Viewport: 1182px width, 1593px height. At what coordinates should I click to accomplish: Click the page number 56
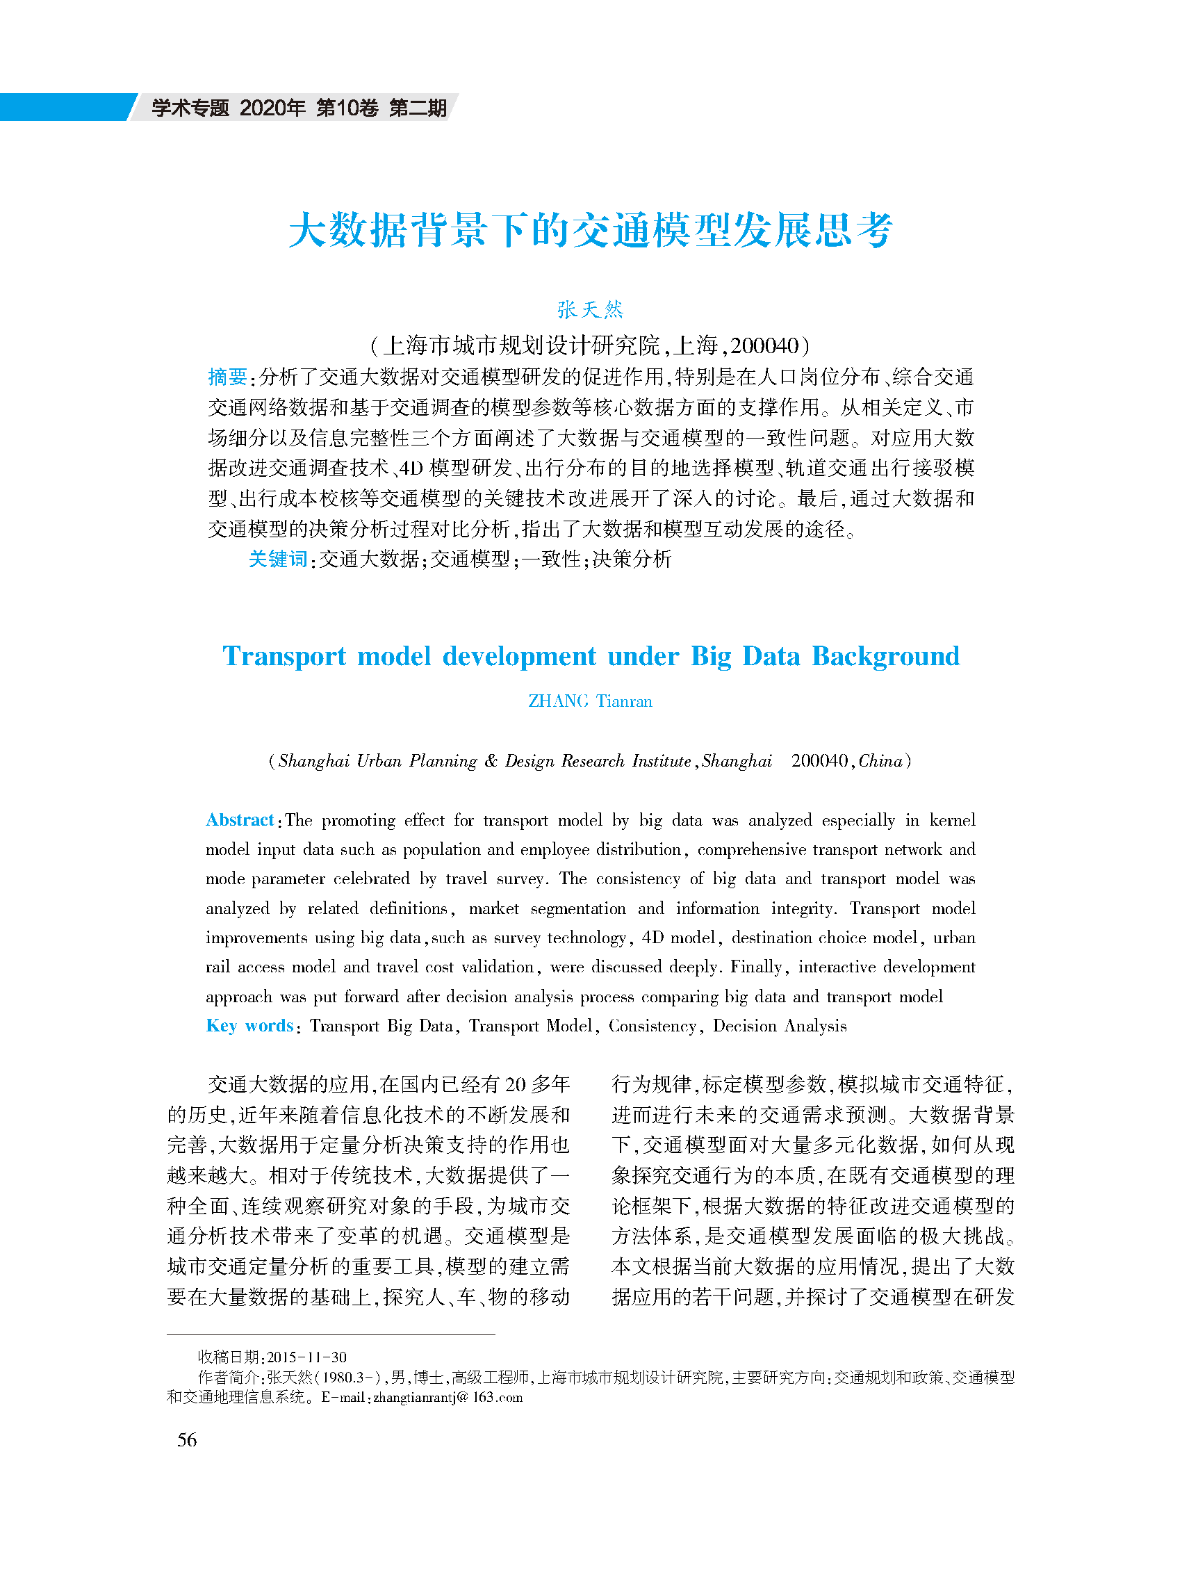[x=187, y=1439]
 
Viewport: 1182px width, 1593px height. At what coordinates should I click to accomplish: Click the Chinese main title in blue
[x=590, y=231]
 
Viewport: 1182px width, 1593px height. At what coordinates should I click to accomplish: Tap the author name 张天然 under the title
[x=590, y=309]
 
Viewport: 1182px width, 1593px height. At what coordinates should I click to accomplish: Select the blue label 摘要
[x=227, y=377]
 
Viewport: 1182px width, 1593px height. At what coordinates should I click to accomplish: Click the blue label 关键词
[x=278, y=559]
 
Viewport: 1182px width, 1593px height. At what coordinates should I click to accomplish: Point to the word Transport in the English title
[x=284, y=656]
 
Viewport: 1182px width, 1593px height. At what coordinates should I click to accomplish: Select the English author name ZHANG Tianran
[x=590, y=701]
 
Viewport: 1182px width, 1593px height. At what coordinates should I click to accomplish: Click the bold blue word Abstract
[x=240, y=820]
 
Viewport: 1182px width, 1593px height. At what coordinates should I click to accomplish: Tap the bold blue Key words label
[x=249, y=1025]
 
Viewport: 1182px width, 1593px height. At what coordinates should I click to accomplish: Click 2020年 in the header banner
[x=272, y=107]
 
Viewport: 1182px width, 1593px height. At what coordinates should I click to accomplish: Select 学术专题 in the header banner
[x=190, y=107]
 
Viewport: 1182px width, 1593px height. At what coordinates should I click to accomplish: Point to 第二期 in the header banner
[x=418, y=107]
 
